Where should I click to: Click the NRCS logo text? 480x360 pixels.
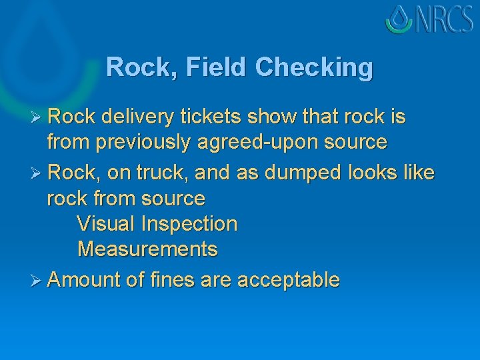pyautogui.click(x=445, y=19)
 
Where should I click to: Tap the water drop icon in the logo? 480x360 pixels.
pyautogui.click(x=400, y=19)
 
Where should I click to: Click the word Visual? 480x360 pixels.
pyautogui.click(x=107, y=224)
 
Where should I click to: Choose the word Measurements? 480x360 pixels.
pyautogui.click(x=147, y=249)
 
